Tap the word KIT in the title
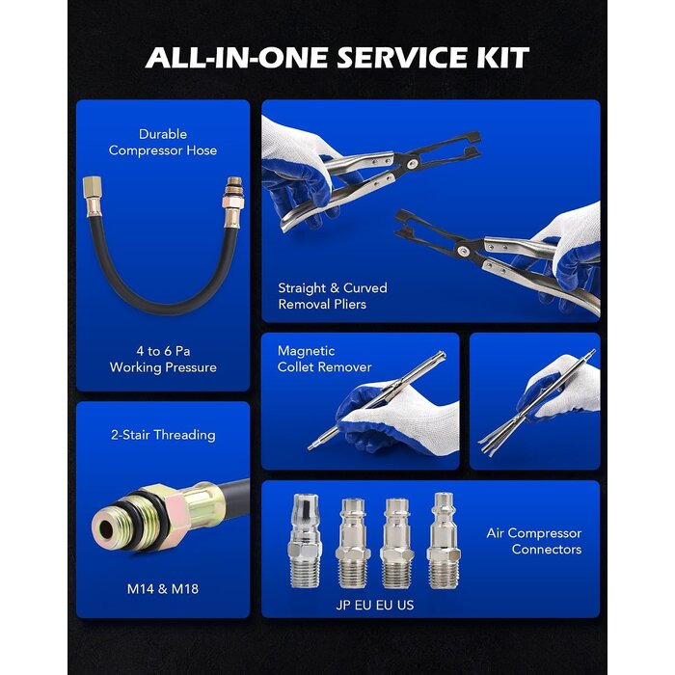pyautogui.click(x=502, y=57)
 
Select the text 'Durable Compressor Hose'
pyautogui.click(x=163, y=142)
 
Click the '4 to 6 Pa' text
pyautogui.click(x=163, y=351)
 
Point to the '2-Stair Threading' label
pyautogui.click(x=163, y=435)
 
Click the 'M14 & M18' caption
pyautogui.click(x=163, y=588)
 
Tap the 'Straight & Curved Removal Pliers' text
pyautogui.click(x=333, y=296)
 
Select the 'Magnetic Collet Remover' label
pyautogui.click(x=324, y=359)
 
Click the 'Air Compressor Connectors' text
pyautogui.click(x=534, y=541)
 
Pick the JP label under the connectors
pyautogui.click(x=343, y=605)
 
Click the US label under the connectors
pyautogui.click(x=406, y=605)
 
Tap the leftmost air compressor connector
pyautogui.click(x=305, y=541)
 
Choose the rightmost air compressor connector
pyautogui.click(x=442, y=541)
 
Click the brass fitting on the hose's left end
pyautogui.click(x=93, y=197)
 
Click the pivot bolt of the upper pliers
pyautogui.click(x=413, y=163)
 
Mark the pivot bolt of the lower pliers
pyautogui.click(x=463, y=251)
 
